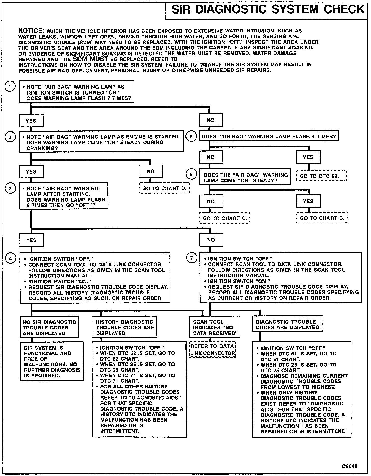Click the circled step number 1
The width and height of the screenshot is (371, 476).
pos(10,87)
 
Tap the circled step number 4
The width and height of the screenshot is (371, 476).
pos(10,258)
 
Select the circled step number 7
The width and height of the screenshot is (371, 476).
pos(192,258)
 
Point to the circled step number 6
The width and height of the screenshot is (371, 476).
pos(192,174)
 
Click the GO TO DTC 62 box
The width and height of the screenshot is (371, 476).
pos(321,176)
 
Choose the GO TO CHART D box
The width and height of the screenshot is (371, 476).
pos(164,188)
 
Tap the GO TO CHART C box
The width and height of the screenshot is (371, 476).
pos(225,218)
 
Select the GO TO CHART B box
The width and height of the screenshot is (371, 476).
pos(322,218)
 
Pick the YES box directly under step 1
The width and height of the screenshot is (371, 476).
pos(31,121)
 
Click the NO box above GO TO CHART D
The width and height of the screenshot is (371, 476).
pos(151,171)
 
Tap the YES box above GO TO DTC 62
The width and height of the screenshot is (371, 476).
pos(308,157)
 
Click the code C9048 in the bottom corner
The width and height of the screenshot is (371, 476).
pos(349,466)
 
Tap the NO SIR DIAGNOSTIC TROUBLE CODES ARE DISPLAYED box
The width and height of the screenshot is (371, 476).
pos(49,327)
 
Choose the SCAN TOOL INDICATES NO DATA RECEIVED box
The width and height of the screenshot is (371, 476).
pos(214,327)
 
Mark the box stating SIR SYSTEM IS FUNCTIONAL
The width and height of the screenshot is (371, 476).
pos(52,361)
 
